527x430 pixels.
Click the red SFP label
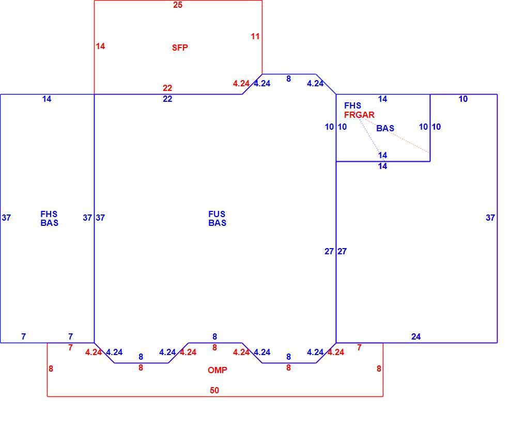180,48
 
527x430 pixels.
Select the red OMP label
218,370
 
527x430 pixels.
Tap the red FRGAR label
359,115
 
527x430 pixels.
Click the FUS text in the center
217,214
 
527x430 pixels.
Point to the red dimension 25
178,5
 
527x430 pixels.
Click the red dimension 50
214,390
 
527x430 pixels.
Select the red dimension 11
255,36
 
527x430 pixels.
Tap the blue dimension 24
416,336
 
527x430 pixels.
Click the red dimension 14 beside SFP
100,46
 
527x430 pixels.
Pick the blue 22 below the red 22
167,99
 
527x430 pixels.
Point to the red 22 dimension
167,88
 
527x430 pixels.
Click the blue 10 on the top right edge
463,99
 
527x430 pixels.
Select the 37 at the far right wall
490,218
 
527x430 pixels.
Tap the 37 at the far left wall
6,218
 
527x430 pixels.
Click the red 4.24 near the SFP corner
241,83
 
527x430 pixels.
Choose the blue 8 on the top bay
288,79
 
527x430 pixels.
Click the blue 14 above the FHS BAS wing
47,99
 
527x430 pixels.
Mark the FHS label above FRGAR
352,105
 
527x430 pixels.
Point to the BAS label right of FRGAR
385,128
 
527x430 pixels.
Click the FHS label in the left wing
49,214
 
